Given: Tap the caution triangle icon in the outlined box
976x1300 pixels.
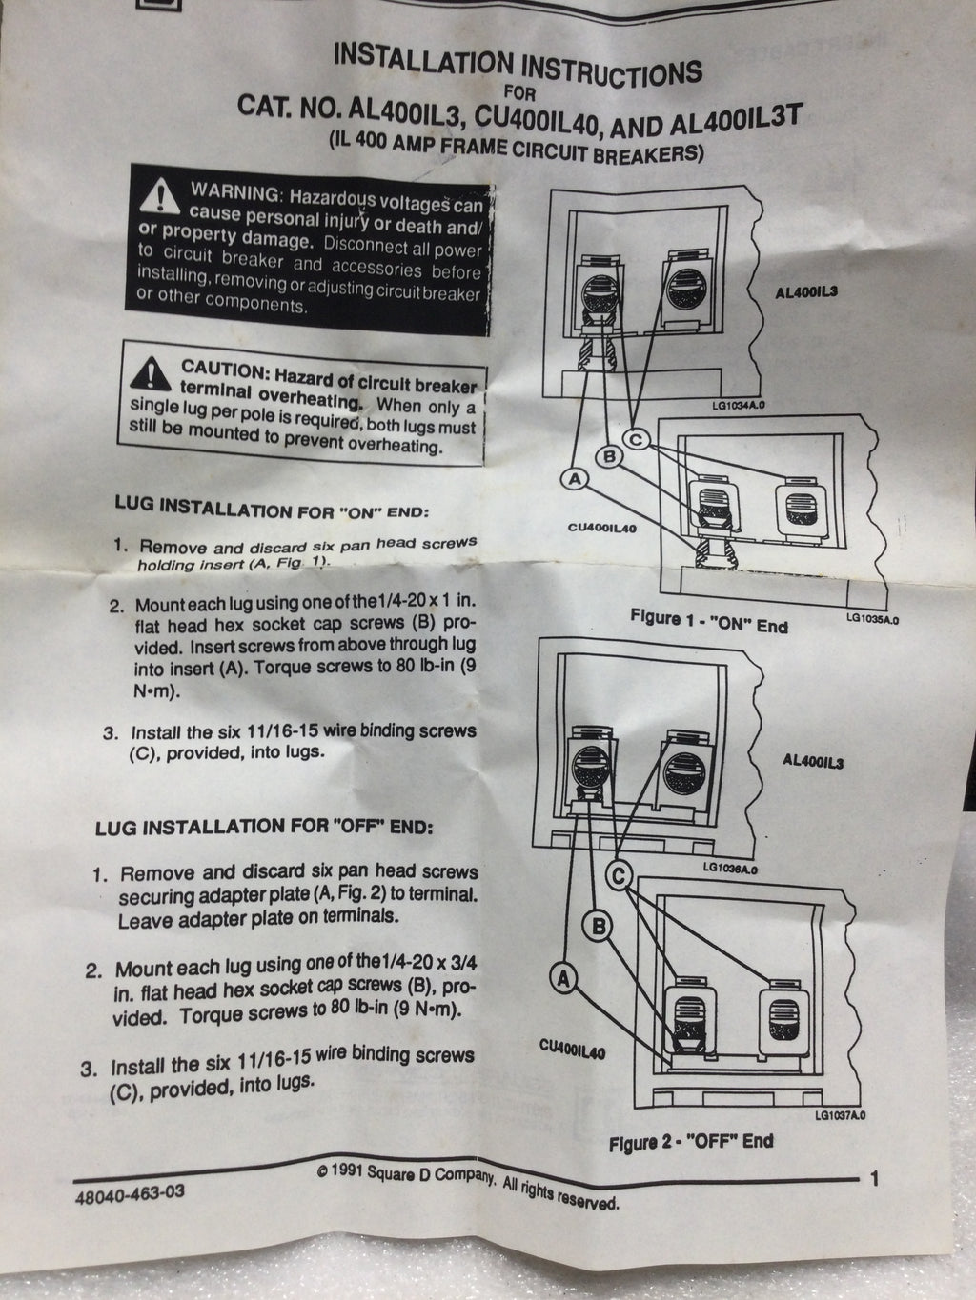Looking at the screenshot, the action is click(x=152, y=373).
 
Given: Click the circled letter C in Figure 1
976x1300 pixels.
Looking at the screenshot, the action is click(x=637, y=439).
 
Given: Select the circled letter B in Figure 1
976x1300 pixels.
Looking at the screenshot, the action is click(x=609, y=456).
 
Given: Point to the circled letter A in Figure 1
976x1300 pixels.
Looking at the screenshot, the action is click(x=575, y=478).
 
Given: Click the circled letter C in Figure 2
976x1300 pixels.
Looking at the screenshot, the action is click(x=619, y=874).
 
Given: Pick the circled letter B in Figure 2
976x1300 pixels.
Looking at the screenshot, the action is click(x=599, y=925).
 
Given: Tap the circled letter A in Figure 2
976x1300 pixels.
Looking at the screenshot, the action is click(x=563, y=978).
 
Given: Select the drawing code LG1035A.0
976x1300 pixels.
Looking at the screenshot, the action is click(x=873, y=619).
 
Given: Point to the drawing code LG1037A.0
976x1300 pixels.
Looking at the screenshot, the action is click(x=841, y=1115).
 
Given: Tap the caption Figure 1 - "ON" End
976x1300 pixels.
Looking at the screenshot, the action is click(x=709, y=622).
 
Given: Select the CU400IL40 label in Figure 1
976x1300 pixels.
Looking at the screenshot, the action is click(x=602, y=527).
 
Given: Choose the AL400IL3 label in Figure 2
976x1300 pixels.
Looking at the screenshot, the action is click(x=813, y=761).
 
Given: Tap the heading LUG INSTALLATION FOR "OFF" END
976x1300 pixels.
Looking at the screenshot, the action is click(x=264, y=827).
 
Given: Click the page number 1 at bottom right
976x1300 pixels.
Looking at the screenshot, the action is click(x=873, y=1179).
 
